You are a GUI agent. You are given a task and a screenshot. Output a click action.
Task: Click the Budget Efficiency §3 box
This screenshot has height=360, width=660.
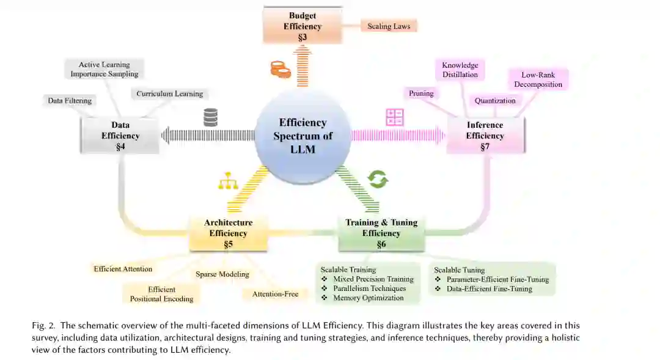point(302,26)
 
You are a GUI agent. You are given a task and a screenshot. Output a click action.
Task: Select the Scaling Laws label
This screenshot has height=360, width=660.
point(389,26)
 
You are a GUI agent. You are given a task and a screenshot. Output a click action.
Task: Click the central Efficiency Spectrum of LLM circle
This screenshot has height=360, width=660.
point(302,136)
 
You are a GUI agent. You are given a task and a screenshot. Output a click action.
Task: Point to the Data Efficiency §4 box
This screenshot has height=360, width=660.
point(120,136)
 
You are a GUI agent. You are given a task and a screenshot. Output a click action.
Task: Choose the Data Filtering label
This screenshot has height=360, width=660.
point(70,101)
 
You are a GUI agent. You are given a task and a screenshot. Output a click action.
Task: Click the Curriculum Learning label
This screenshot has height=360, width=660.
point(169,94)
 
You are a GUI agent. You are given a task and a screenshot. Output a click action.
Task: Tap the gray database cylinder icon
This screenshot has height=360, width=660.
point(211,117)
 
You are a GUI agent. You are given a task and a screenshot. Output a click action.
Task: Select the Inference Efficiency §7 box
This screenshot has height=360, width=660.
point(485,136)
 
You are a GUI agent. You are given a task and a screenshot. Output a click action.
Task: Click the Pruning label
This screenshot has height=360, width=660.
point(421,94)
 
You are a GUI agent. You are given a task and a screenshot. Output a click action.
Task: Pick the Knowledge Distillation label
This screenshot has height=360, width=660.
point(460,70)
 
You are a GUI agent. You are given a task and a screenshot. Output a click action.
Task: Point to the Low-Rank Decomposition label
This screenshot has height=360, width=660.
point(538,79)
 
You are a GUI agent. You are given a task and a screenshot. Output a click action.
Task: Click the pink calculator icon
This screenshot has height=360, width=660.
point(395,117)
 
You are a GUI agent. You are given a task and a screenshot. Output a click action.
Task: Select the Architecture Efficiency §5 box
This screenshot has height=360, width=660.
point(228,233)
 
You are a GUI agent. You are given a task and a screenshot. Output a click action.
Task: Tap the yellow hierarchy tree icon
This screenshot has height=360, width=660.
point(227,181)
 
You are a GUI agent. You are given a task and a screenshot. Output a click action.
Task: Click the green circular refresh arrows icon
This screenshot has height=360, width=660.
point(378,179)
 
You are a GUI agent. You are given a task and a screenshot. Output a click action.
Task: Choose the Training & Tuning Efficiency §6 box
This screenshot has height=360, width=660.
point(381,233)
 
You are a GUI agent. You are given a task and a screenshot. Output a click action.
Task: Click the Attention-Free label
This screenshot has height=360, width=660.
point(275,295)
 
